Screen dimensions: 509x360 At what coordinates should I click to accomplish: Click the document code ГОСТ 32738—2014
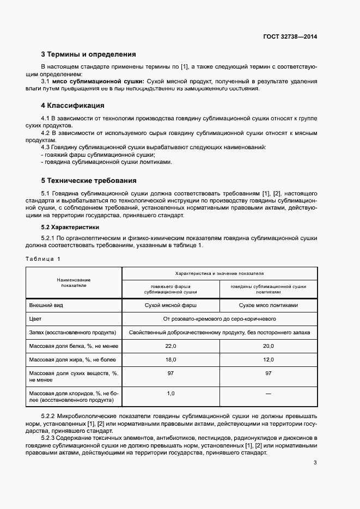(289, 37)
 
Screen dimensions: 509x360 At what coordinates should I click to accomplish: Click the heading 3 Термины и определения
(88, 54)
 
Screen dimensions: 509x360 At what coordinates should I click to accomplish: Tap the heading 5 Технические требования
(89, 180)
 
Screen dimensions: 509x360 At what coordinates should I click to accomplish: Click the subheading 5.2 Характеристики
(70, 227)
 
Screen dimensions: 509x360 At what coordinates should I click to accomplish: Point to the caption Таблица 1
(43, 259)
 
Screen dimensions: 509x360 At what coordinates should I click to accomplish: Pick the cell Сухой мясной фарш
(170, 305)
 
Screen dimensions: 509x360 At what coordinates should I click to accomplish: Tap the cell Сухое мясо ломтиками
(268, 305)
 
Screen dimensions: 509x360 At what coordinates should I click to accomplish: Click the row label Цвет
(35, 318)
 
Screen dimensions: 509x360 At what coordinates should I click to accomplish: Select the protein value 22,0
(170, 346)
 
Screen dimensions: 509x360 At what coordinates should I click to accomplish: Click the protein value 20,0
(268, 346)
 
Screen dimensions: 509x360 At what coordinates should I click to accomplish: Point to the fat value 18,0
(170, 359)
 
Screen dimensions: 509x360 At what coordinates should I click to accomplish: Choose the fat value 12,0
(268, 359)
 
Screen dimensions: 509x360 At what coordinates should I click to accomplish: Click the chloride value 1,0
(170, 393)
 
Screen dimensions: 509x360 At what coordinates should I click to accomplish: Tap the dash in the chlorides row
(268, 393)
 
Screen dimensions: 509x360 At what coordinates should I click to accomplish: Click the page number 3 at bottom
(315, 463)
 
